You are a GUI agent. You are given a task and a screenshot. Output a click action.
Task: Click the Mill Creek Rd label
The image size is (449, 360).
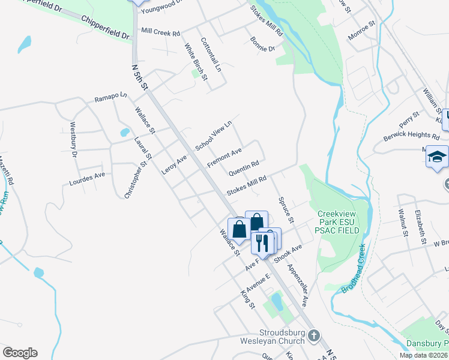click(160, 33)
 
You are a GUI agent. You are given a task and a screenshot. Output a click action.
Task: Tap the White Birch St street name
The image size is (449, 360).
click(196, 62)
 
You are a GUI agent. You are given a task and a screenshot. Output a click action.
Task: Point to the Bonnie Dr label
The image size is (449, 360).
click(263, 44)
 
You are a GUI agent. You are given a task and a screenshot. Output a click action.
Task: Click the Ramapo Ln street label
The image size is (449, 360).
click(111, 97)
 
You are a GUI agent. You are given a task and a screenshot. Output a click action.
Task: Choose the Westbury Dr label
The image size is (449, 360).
click(74, 140)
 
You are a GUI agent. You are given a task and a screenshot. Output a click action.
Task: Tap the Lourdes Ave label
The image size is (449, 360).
click(87, 178)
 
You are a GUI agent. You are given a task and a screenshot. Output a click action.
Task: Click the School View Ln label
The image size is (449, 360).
click(213, 136)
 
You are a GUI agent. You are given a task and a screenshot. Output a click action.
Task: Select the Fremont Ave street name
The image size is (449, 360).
click(224, 158)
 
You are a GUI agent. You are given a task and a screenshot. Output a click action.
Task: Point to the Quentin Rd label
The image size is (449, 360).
click(244, 167)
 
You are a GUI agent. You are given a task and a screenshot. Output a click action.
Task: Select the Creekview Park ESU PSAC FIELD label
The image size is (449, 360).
click(339, 222)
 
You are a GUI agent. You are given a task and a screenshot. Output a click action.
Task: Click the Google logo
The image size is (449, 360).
click(20, 353)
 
